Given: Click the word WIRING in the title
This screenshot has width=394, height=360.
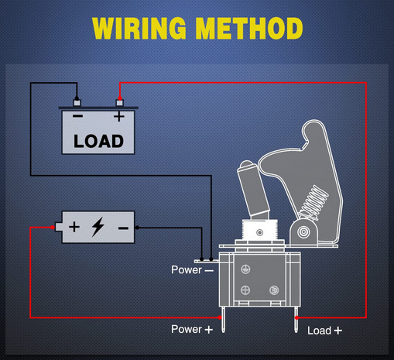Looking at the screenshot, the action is (139, 29).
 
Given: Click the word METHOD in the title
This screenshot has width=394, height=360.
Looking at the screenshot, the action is (249, 29).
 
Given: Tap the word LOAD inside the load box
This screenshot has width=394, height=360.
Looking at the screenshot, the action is (98, 141).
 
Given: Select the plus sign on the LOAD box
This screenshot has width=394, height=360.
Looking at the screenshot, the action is (119, 116).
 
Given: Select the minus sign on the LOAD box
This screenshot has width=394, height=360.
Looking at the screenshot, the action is (77, 116).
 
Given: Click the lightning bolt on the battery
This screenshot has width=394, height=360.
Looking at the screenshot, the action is (98, 227).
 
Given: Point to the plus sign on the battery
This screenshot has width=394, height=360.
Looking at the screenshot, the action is (74, 227).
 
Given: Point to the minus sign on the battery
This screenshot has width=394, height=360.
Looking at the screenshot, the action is (123, 228).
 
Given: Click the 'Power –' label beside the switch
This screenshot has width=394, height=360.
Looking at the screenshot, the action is (192, 270).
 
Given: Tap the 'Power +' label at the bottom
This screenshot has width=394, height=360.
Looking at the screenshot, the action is (192, 329).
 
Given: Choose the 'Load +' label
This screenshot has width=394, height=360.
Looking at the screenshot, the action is (324, 331).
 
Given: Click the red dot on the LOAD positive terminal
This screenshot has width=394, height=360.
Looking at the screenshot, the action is (120, 98).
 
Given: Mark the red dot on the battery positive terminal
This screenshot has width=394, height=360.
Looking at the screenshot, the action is (53, 228).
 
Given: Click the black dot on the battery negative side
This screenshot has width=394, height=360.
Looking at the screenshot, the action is (137, 228).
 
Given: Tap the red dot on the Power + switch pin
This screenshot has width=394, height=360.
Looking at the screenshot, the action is (220, 317).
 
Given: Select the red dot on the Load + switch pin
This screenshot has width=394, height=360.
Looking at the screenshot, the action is (296, 317).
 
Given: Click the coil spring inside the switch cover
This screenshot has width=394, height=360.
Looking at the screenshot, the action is (313, 203).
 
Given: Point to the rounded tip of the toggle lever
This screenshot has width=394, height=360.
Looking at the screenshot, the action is (247, 165).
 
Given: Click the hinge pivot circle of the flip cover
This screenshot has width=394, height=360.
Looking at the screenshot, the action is (303, 231).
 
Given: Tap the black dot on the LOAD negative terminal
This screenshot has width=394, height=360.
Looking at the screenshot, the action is (77, 98).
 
